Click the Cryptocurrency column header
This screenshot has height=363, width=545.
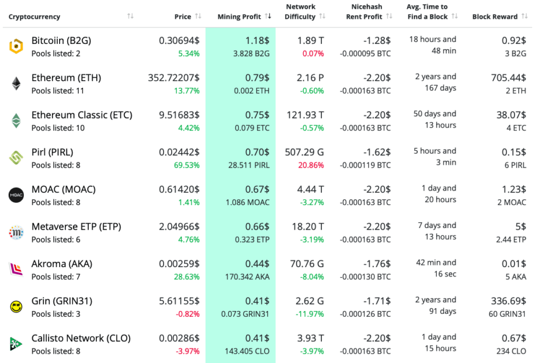[34, 17]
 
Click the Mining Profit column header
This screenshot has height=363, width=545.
[239, 17]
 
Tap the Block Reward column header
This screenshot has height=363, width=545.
[495, 17]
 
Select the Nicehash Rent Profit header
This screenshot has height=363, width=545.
[366, 12]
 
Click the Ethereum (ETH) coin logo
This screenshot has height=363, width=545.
[16, 84]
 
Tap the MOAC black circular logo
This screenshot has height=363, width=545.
[16, 195]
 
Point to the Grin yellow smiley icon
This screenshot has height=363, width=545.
[16, 307]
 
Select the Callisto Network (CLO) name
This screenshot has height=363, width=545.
[81, 338]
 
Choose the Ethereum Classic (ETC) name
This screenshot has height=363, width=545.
[82, 115]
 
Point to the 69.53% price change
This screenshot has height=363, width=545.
[186, 165]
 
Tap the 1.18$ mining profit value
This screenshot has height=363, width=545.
[257, 41]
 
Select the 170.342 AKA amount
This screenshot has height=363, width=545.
[248, 276]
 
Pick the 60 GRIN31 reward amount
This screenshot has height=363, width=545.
[506, 314]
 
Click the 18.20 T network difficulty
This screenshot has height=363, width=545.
[308, 227]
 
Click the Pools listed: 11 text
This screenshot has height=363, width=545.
[58, 91]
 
